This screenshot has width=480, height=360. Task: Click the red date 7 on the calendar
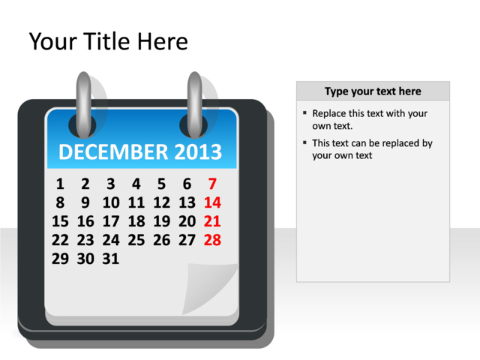coord(212,184)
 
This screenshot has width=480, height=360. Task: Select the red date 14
coord(212,202)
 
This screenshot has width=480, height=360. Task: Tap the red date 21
coord(212,221)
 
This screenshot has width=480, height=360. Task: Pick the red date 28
coord(212,240)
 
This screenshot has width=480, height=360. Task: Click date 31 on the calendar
coord(110,259)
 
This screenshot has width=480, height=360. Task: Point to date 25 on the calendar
coord(136,240)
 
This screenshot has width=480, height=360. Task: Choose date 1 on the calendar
coord(60,184)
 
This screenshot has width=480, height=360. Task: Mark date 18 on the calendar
coord(136,221)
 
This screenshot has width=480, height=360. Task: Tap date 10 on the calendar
coord(110,202)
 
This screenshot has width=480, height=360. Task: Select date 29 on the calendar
coord(60,259)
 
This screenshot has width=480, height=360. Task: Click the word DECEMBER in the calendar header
coord(113,152)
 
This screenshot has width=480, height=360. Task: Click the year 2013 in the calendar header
coord(198,152)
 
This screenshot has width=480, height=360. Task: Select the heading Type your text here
coord(373,91)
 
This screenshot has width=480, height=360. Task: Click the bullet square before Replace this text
coord(304,113)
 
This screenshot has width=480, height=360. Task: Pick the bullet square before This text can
coord(304,142)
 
